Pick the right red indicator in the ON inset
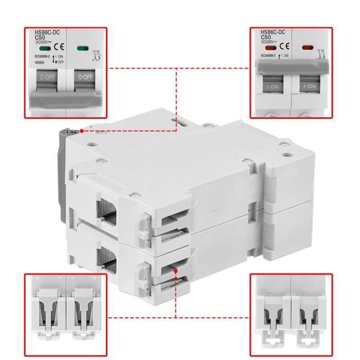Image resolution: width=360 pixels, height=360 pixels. pos(307,47)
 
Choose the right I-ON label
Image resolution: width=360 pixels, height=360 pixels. pos(310,87)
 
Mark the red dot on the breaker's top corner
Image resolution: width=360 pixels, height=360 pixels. pos(82,131)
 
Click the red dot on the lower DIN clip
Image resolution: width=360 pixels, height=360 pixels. pos(176,271)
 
